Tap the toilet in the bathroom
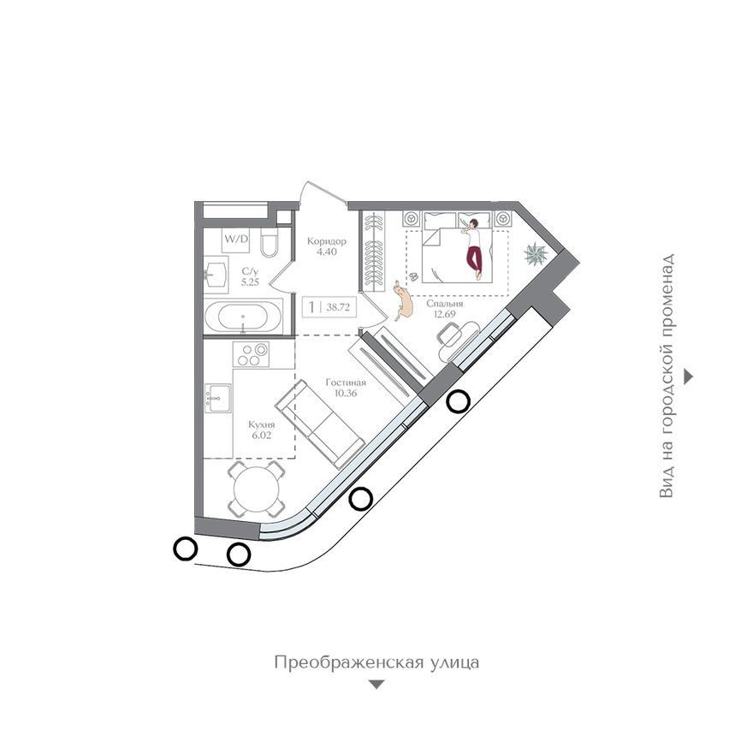point(270,243)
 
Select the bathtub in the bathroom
point(244,317)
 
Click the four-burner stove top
point(251,354)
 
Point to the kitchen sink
point(218,398)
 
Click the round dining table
point(257,489)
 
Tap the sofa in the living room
point(319,424)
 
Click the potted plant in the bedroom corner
point(535,253)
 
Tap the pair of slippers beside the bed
point(413,276)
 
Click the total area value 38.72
point(338,307)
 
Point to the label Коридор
point(327,241)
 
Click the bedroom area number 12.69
point(444,315)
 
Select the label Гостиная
point(346,382)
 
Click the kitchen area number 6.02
point(262,436)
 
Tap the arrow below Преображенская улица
point(376,685)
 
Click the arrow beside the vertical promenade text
point(689,377)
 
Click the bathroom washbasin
point(216,275)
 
